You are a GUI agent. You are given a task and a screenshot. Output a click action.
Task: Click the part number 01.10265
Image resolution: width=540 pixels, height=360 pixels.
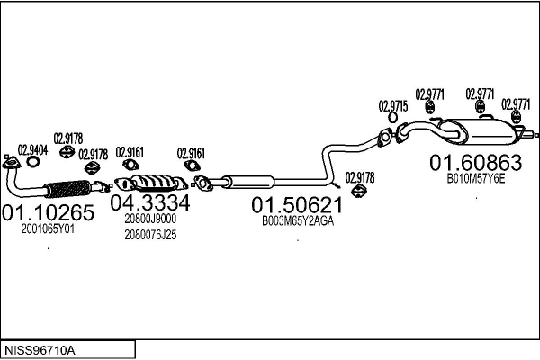click(x=48, y=212)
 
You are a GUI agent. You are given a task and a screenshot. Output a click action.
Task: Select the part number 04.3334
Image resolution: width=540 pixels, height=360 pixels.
click(x=150, y=202)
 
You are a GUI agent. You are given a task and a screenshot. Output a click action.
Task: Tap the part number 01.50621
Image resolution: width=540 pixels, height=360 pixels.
click(x=297, y=205)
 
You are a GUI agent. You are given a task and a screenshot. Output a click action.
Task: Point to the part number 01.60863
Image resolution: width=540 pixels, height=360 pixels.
click(x=475, y=163)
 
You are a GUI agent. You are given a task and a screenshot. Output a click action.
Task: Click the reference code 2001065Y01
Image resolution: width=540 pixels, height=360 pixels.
click(x=48, y=229)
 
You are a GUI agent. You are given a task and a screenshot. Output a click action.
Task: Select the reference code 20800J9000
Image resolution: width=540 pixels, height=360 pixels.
click(x=150, y=219)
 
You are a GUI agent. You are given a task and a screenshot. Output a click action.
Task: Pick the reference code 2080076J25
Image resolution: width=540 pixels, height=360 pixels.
click(x=150, y=235)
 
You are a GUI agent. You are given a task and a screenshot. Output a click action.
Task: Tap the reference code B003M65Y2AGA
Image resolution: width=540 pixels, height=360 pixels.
click(x=298, y=221)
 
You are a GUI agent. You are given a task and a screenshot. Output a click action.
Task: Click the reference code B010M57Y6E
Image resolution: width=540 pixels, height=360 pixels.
click(x=476, y=179)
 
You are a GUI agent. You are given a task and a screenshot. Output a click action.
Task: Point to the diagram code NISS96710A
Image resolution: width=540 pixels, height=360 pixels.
click(x=40, y=351)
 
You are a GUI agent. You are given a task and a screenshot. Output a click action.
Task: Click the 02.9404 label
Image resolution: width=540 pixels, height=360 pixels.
click(x=32, y=150)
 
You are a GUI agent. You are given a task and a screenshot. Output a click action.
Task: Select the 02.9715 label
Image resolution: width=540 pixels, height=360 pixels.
click(x=393, y=106)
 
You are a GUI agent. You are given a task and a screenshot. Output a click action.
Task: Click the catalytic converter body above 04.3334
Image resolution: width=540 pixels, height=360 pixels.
click(x=151, y=182)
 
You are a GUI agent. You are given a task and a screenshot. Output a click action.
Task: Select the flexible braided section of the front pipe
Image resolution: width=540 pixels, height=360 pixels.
click(x=68, y=188)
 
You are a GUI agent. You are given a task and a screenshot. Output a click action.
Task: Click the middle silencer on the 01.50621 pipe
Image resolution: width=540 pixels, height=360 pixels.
click(x=248, y=182)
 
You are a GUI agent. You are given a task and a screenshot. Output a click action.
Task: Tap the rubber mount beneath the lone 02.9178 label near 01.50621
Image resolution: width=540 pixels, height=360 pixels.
click(x=360, y=191)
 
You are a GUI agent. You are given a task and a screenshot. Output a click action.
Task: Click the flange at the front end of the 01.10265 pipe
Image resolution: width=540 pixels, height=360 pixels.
click(x=12, y=163)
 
